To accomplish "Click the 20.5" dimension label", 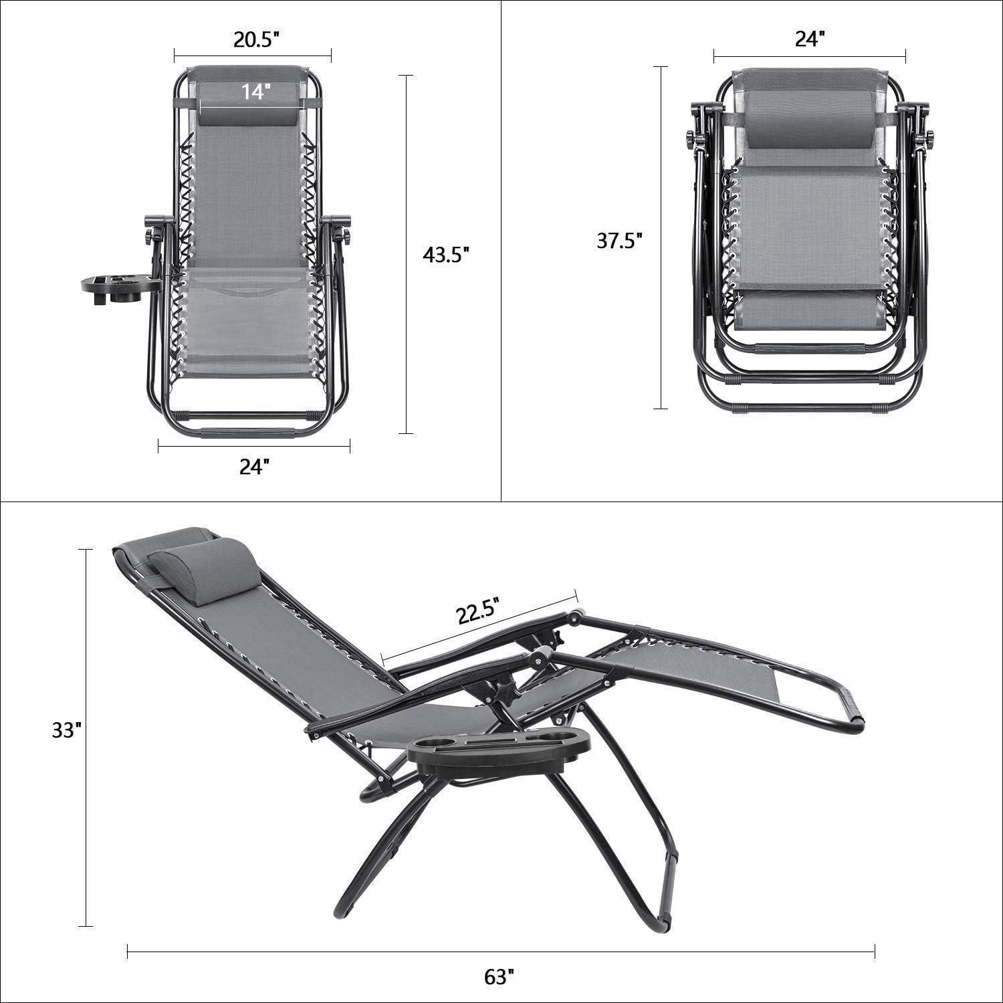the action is [255, 39].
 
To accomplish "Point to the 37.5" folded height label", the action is [619, 241].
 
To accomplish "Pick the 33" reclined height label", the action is [67, 731].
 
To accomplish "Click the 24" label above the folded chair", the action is [808, 39].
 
